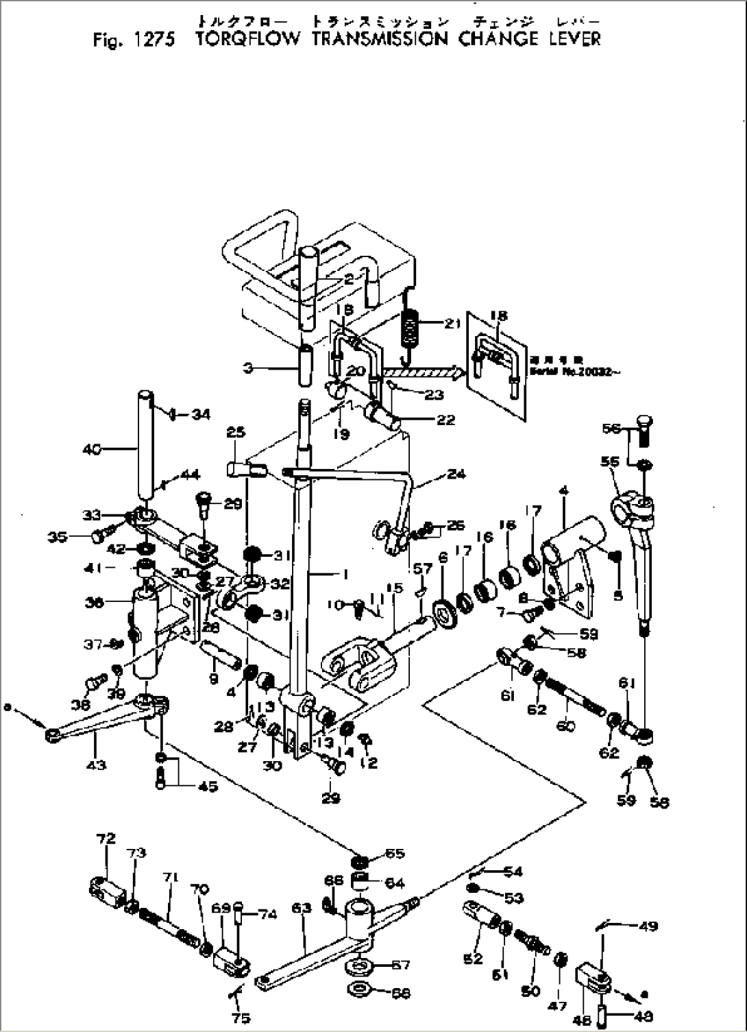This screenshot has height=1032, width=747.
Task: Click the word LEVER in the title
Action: (x=574, y=38)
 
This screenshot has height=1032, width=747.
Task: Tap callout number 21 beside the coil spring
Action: (x=452, y=324)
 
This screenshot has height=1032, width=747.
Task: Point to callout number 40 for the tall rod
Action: (x=93, y=449)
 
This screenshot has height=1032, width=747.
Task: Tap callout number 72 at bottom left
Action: (x=106, y=838)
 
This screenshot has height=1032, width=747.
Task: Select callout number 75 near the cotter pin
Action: (x=241, y=1018)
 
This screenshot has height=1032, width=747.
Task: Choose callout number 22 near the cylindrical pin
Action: (x=445, y=420)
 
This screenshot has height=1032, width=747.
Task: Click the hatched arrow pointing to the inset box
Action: (x=421, y=371)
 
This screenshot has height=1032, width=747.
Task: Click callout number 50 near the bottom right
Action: (x=530, y=991)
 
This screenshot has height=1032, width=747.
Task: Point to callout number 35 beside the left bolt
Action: (x=76, y=537)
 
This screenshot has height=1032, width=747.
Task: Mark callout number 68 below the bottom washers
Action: (x=402, y=993)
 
